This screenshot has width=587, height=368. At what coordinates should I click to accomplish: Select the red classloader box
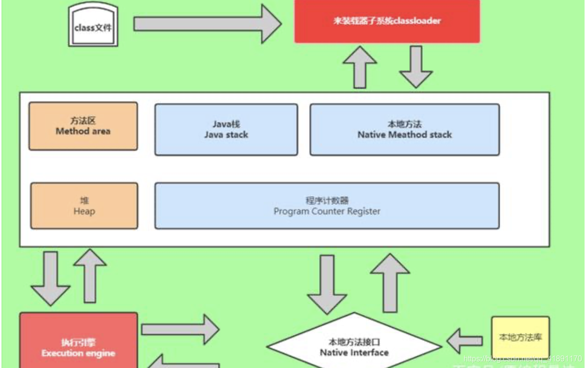[387, 21]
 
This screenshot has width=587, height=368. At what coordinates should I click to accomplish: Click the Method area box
[83, 126]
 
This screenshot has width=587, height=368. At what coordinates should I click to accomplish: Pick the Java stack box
[226, 129]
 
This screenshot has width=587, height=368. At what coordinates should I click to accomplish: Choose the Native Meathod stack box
[404, 129]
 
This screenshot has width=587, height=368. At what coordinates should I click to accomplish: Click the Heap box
[84, 205]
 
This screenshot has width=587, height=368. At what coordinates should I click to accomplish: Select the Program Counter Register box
[327, 205]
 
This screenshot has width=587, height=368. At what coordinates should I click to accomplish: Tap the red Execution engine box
[78, 343]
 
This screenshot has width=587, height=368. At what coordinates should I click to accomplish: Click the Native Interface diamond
[354, 347]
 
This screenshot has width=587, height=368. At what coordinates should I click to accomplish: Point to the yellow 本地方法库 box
[520, 337]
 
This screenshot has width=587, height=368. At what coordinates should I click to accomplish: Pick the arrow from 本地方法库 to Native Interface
[464, 340]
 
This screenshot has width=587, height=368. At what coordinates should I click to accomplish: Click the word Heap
[84, 211]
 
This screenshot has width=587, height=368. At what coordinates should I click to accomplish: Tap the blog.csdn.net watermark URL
[522, 359]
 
